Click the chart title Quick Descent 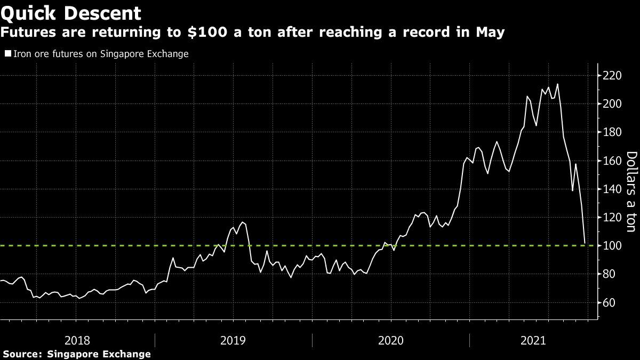(x=71, y=12)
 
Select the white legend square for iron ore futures (x=7, y=54)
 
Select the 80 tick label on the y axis (x=609, y=274)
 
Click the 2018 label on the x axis (x=76, y=340)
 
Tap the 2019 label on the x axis (x=234, y=340)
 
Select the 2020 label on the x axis (x=391, y=340)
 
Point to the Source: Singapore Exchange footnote (x=76, y=354)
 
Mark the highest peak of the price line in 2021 (x=557, y=84)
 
